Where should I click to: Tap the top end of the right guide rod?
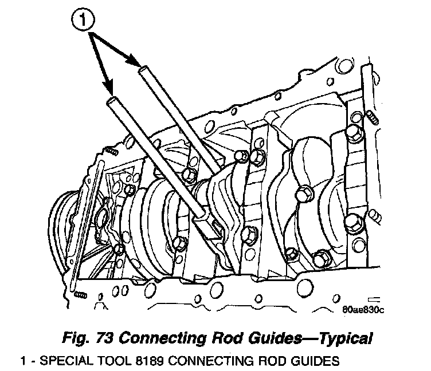pos(143,69)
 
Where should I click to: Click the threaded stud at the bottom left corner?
pos(80,294)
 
